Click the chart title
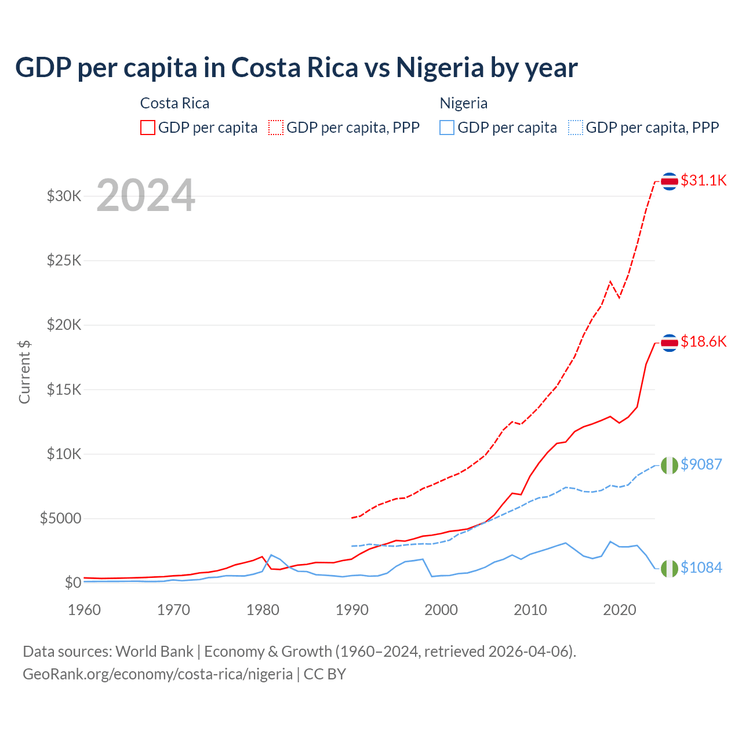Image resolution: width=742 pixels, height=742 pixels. pyautogui.click(x=296, y=67)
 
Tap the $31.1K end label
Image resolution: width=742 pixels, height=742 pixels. pyautogui.click(x=703, y=180)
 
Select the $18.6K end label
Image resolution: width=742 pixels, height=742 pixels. pyautogui.click(x=703, y=341)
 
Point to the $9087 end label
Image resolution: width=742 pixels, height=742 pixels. pyautogui.click(x=701, y=464)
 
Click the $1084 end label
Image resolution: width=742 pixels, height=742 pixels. pyautogui.click(x=701, y=568)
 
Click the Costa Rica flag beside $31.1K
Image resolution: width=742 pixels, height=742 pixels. pyautogui.click(x=670, y=181)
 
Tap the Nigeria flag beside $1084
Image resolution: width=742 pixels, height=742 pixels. pyautogui.click(x=670, y=569)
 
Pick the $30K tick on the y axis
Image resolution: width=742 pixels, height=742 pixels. pyautogui.click(x=64, y=196)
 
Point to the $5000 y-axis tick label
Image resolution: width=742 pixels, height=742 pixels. pyautogui.click(x=60, y=518)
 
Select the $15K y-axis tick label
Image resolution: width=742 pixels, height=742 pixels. pyautogui.click(x=64, y=390)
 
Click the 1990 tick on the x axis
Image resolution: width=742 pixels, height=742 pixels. pyautogui.click(x=352, y=610)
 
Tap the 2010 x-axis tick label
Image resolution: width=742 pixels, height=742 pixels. pyautogui.click(x=530, y=610)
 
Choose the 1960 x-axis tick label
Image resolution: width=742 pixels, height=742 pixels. pyautogui.click(x=85, y=610)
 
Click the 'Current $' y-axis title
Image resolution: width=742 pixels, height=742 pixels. pyautogui.click(x=24, y=372)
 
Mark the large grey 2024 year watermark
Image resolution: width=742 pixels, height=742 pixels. pyautogui.click(x=146, y=195)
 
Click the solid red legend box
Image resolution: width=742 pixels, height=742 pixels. pyautogui.click(x=148, y=128)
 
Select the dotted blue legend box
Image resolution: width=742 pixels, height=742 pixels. pyautogui.click(x=576, y=128)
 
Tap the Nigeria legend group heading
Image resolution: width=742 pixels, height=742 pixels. pyautogui.click(x=463, y=103)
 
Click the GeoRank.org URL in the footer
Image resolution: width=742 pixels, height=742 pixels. pyautogui.click(x=158, y=674)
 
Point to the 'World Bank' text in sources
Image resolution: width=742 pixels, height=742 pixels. pyautogui.click(x=154, y=652)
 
